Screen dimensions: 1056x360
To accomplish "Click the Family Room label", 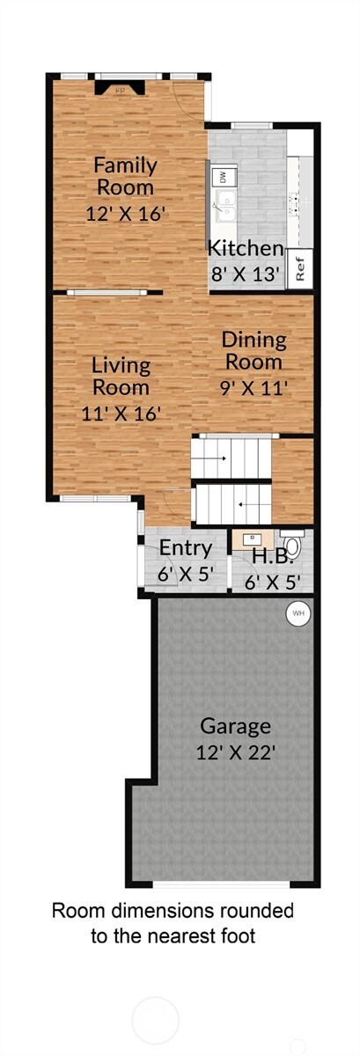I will (x=125, y=176).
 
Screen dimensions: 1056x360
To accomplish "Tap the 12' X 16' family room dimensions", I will (x=126, y=212).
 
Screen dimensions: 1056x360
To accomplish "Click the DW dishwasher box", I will (x=222, y=178).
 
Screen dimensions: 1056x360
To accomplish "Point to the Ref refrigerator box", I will (x=300, y=268).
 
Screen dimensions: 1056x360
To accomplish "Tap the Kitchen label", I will (x=246, y=249).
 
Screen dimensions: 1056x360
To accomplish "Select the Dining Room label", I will (x=253, y=350).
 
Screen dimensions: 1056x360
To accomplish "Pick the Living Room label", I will (x=121, y=376).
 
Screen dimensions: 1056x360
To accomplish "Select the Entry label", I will (x=185, y=548).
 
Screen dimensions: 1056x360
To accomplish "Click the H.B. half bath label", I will (x=266, y=557).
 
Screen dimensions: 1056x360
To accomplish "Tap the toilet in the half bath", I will (x=292, y=546).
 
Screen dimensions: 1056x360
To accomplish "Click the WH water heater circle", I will (x=297, y=612).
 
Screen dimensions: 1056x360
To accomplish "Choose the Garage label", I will (x=235, y=726).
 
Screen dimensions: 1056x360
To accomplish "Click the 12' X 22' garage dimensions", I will (x=235, y=753).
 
